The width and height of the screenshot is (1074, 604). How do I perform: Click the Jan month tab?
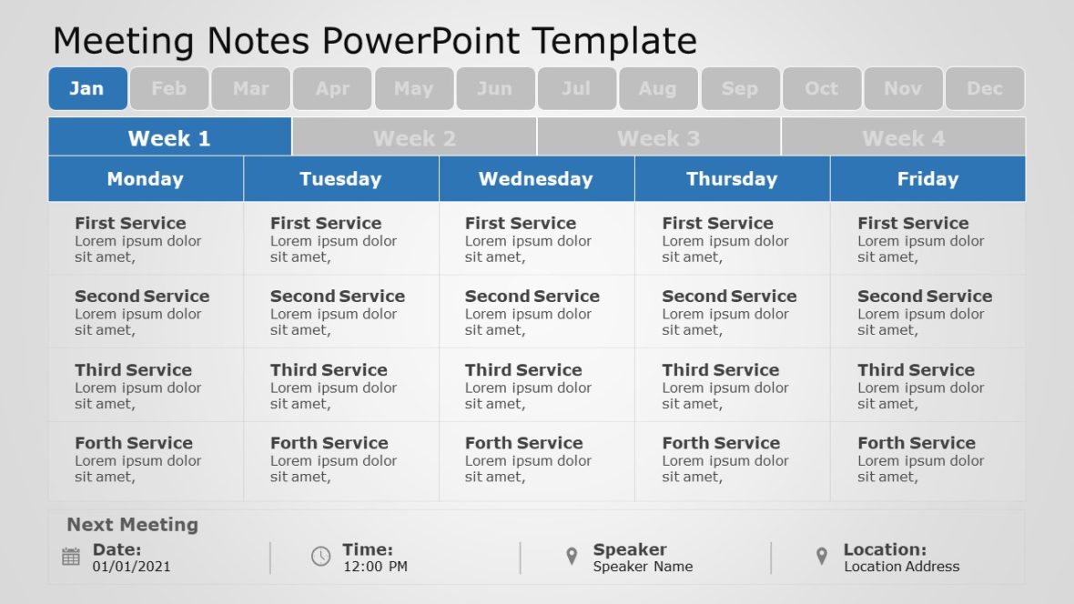tap(87, 88)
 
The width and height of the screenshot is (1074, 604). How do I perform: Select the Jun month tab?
tap(495, 88)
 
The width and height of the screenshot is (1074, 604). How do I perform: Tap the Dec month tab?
tap(985, 88)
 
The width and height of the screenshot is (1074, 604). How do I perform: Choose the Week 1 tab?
tap(169, 137)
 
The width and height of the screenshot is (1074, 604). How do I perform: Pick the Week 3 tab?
tap(658, 137)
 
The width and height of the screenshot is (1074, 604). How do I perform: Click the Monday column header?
tap(146, 178)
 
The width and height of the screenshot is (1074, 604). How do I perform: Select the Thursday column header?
tap(732, 178)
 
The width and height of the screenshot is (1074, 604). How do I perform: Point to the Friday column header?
tap(927, 178)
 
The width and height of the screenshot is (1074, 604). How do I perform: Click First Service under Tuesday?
tap(326, 223)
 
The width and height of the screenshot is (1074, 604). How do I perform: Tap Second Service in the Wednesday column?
tap(532, 296)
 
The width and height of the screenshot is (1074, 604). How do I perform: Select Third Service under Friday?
tap(916, 369)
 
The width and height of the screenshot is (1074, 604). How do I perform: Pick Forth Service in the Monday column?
tap(134, 443)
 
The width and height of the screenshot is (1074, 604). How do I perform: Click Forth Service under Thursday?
tap(721, 443)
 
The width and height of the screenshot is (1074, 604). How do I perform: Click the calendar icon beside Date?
tap(71, 557)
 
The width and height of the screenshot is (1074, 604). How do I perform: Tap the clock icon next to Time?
tap(321, 557)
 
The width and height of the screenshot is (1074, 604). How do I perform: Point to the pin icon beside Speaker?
tap(572, 557)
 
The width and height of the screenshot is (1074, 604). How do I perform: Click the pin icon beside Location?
tap(822, 557)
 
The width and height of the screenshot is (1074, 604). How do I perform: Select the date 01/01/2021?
tap(131, 567)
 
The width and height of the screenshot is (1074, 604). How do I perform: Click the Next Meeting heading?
tap(132, 525)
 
